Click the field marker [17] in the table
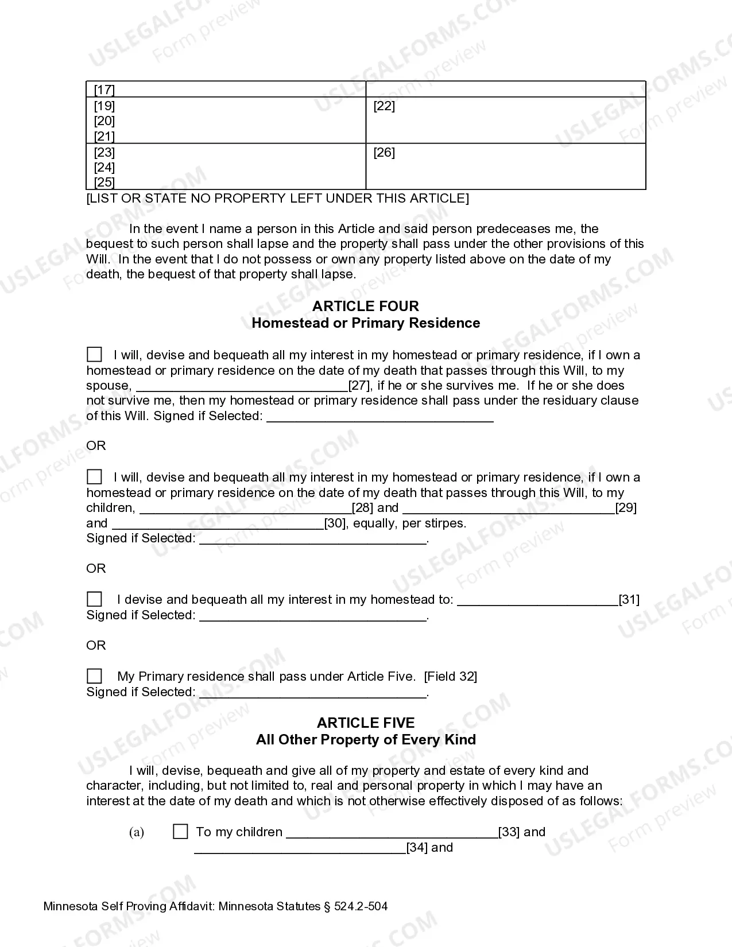(104, 90)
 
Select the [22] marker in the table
(384, 106)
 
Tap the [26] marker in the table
(384, 152)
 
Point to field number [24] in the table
(104, 167)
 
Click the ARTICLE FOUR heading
(365, 306)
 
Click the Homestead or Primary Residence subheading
(365, 323)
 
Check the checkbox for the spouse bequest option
(94, 354)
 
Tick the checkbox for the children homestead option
(94, 476)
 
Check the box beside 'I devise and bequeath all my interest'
(94, 599)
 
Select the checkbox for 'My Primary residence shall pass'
(94, 676)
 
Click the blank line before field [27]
(242, 386)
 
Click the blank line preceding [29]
(509, 509)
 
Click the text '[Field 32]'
(450, 676)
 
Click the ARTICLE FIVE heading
(365, 723)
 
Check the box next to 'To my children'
(180, 832)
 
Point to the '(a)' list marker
(137, 832)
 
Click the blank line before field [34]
(300, 848)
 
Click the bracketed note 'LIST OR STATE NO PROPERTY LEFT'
(277, 198)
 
